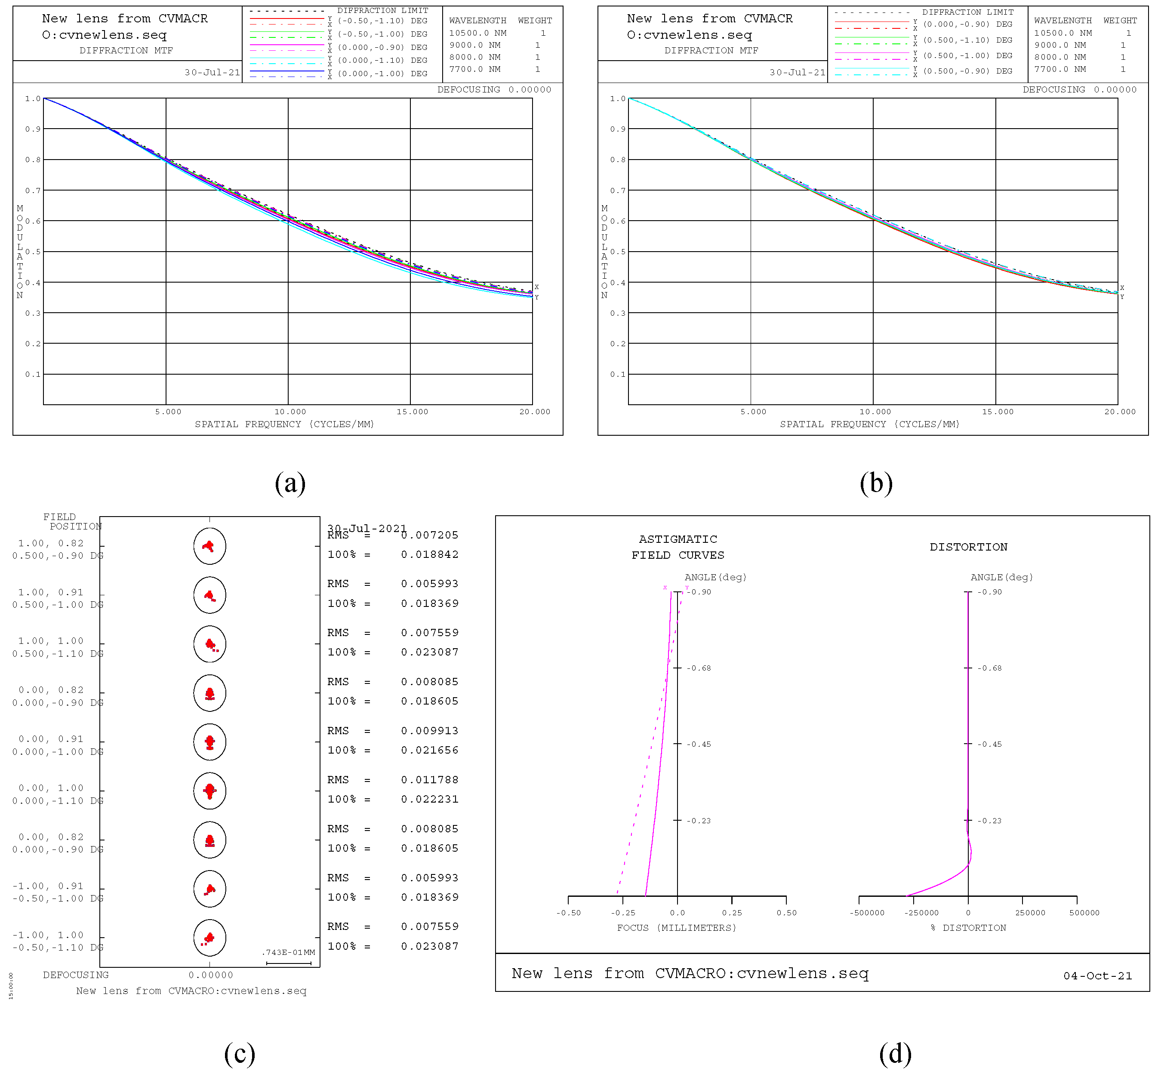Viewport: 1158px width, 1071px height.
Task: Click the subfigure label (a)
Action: tap(290, 483)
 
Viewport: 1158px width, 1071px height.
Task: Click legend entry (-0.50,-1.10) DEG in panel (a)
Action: tap(382, 21)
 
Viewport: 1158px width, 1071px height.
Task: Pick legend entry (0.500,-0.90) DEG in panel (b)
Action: tap(967, 71)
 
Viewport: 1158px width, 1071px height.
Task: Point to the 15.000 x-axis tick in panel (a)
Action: tap(412, 412)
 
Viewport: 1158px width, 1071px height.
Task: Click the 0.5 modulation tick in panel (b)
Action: tap(618, 252)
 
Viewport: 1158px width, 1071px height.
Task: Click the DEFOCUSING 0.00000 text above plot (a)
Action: tap(494, 89)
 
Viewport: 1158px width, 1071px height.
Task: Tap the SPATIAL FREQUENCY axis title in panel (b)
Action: tap(869, 424)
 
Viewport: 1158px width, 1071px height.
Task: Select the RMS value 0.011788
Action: tap(429, 779)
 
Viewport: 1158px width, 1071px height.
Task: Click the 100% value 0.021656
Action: tap(429, 750)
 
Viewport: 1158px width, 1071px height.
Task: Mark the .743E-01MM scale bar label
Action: tap(288, 952)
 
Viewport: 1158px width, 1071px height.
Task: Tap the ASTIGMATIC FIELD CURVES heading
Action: tap(678, 547)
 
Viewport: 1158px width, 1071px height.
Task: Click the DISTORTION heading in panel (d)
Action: tap(968, 547)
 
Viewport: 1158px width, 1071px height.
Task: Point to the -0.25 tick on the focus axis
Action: tap(622, 912)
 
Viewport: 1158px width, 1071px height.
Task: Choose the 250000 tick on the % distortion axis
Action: tap(1029, 912)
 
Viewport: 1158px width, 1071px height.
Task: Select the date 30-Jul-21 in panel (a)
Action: tap(212, 72)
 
